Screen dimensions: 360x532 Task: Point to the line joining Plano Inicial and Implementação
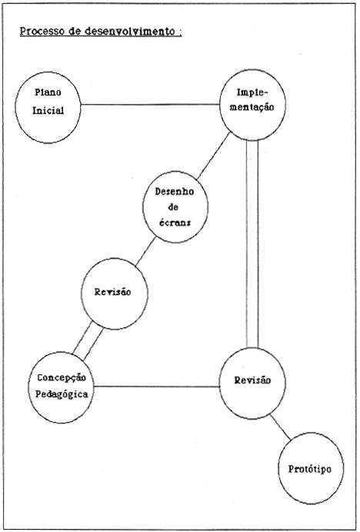[150, 105]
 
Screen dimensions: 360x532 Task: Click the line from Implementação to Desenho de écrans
[213, 156]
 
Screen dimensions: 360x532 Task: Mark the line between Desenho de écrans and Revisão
[145, 252]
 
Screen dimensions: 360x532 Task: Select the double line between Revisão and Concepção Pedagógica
[88, 340]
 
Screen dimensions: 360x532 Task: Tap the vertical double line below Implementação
[252, 244]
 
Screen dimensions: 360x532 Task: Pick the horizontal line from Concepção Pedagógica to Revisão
[157, 386]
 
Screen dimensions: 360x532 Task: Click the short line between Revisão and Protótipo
[280, 427]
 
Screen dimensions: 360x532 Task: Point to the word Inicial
[48, 111]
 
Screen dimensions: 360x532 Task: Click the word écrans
[175, 223]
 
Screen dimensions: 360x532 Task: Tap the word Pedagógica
[62, 395]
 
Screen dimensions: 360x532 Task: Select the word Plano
[48, 92]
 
